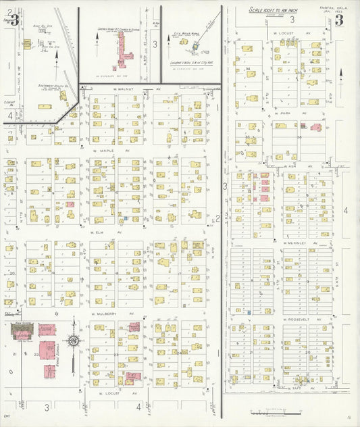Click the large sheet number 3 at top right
point(338,20)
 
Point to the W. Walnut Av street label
point(109,89)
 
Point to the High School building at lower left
point(22,332)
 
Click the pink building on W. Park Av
point(303,126)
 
